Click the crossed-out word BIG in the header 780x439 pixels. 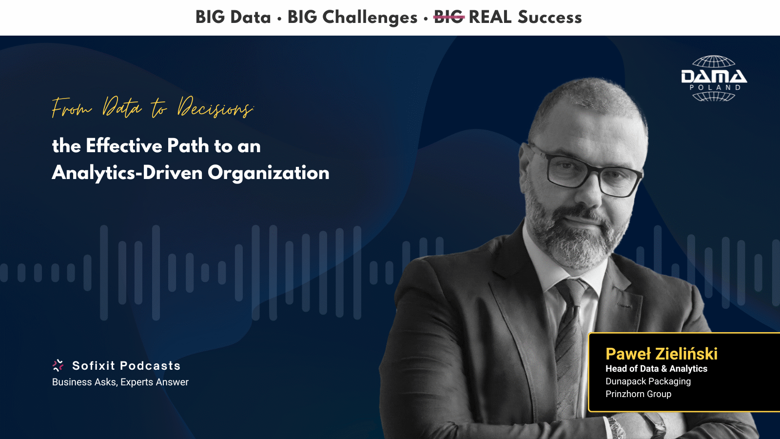pos(448,17)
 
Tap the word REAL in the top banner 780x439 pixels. pos(490,17)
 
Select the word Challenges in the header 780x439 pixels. pos(370,18)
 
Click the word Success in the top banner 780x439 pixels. pos(550,17)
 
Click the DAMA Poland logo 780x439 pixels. pos(714,79)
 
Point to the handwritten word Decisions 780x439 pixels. pos(215,107)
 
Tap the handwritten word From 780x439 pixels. pos(72,108)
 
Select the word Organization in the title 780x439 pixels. pos(269,173)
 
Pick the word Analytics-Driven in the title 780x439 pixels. pos(127,173)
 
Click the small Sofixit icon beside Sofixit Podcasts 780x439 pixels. pos(58,365)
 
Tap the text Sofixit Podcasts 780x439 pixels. pos(126,365)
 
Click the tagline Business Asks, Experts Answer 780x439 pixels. pos(120,382)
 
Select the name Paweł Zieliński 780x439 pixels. pos(662,354)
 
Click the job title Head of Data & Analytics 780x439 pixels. pos(656,369)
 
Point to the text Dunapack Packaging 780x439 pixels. pos(648,381)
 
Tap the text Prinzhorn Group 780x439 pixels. pos(638,394)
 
